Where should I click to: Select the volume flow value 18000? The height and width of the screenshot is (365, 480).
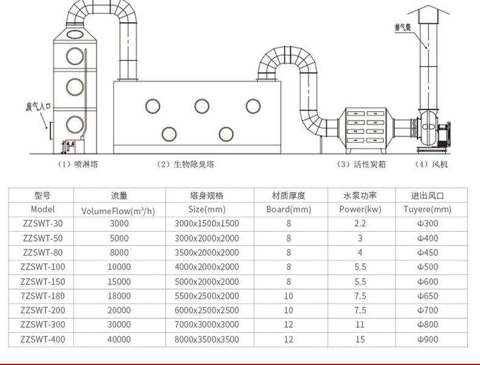tap(120, 296)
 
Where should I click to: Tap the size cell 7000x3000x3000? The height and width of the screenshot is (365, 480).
tap(207, 325)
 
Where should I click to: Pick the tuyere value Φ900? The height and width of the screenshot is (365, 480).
tap(427, 340)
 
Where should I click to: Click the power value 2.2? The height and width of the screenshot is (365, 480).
tap(360, 223)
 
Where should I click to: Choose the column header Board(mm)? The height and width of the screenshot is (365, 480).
tap(289, 209)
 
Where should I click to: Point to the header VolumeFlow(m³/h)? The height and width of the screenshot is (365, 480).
tap(118, 210)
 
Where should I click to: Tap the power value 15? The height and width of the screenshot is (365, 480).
tap(360, 340)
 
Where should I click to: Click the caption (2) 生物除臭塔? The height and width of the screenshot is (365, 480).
tap(186, 165)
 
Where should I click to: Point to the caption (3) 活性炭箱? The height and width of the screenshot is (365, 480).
tap(362, 165)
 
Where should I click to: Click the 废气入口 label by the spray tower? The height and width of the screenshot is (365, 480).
tap(36, 106)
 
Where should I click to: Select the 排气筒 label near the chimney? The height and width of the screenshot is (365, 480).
tap(403, 27)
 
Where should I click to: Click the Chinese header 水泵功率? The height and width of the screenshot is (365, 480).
tap(360, 195)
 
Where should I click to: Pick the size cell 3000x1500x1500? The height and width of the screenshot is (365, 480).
tap(207, 223)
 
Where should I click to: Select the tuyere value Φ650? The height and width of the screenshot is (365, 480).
tap(427, 296)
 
